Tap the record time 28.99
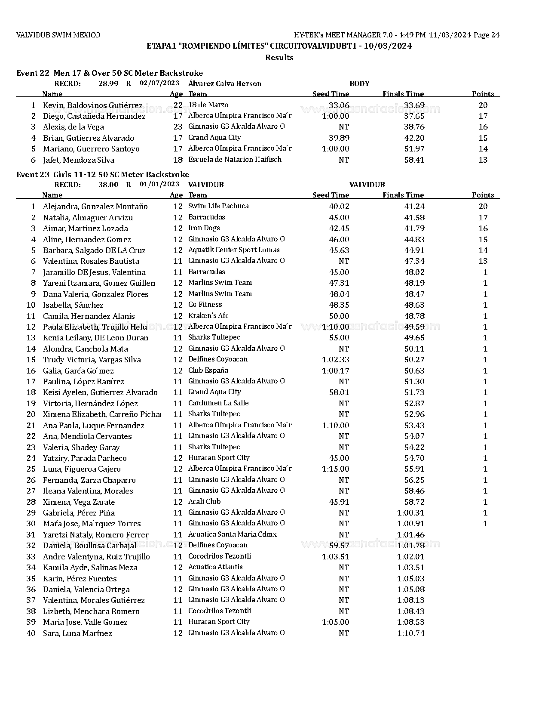tap(108, 83)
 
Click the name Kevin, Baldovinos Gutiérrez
tap(92, 105)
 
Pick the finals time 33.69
tap(414, 105)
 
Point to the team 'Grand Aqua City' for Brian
tap(214, 138)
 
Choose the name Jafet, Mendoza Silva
tap(79, 160)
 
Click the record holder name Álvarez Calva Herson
tap(224, 83)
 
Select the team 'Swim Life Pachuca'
tap(218, 206)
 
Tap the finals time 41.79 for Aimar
tap(414, 228)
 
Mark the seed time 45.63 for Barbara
tap(339, 250)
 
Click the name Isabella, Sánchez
tap(73, 305)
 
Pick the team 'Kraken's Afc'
tap(208, 316)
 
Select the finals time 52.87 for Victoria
tap(414, 404)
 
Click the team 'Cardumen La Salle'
tap(218, 403)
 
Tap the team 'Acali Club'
tap(204, 502)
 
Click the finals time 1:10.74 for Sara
tap(410, 633)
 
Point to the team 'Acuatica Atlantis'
tap(215, 568)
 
